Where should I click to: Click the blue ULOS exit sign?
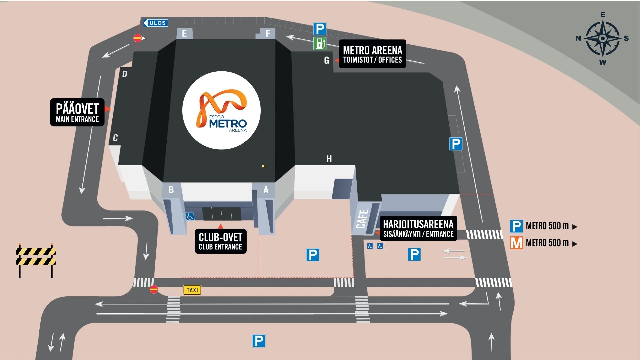[156, 23]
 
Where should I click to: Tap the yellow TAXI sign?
[192, 290]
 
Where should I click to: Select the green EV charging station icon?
[320, 44]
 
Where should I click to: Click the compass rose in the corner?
[602, 38]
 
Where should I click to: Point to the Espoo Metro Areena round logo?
[221, 110]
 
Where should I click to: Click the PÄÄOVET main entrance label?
[77, 112]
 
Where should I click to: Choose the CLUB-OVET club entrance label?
[221, 241]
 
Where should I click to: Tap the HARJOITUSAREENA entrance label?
[418, 228]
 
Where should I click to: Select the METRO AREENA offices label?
[373, 54]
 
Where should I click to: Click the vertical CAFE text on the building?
[362, 219]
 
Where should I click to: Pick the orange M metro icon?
[516, 243]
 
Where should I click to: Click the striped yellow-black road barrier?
[36, 260]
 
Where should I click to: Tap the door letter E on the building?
[184, 34]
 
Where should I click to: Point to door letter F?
[268, 34]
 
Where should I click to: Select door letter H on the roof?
[329, 159]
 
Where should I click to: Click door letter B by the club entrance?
[171, 190]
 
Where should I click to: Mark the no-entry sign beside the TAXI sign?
[154, 289]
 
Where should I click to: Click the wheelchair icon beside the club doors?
[190, 217]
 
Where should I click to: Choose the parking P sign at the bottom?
[259, 341]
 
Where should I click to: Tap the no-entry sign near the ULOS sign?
[138, 38]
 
